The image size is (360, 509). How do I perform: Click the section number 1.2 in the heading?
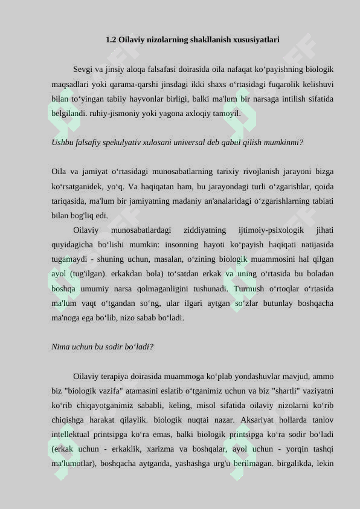(x=111, y=40)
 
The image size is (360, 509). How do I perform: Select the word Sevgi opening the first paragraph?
(x=83, y=70)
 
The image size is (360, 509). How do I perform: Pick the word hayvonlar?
(x=154, y=99)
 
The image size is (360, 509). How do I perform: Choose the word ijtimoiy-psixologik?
(x=271, y=230)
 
